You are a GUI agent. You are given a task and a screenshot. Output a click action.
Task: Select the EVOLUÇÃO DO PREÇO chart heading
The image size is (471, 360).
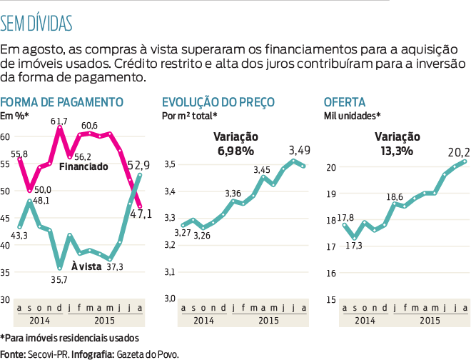218,101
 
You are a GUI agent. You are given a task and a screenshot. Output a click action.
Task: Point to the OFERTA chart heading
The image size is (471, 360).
345,101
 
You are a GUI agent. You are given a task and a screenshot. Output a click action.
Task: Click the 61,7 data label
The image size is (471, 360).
59,121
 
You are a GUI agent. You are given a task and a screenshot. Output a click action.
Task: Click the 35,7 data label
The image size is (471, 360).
59,279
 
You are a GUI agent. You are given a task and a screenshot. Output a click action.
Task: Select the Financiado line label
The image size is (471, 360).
83,166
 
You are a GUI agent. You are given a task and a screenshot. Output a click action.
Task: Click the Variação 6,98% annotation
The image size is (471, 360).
236,144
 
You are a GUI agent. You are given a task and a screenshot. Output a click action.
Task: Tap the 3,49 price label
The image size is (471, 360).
300,151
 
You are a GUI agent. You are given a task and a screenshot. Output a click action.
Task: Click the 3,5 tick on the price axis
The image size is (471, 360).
169,166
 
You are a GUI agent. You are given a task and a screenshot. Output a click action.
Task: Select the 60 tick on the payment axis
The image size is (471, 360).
5,136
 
